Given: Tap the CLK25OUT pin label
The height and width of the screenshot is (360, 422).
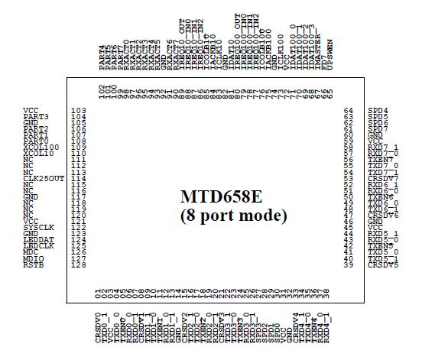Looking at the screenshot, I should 40,178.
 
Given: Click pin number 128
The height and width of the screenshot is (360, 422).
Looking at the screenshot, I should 77,265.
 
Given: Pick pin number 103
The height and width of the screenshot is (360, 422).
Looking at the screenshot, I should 77,111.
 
